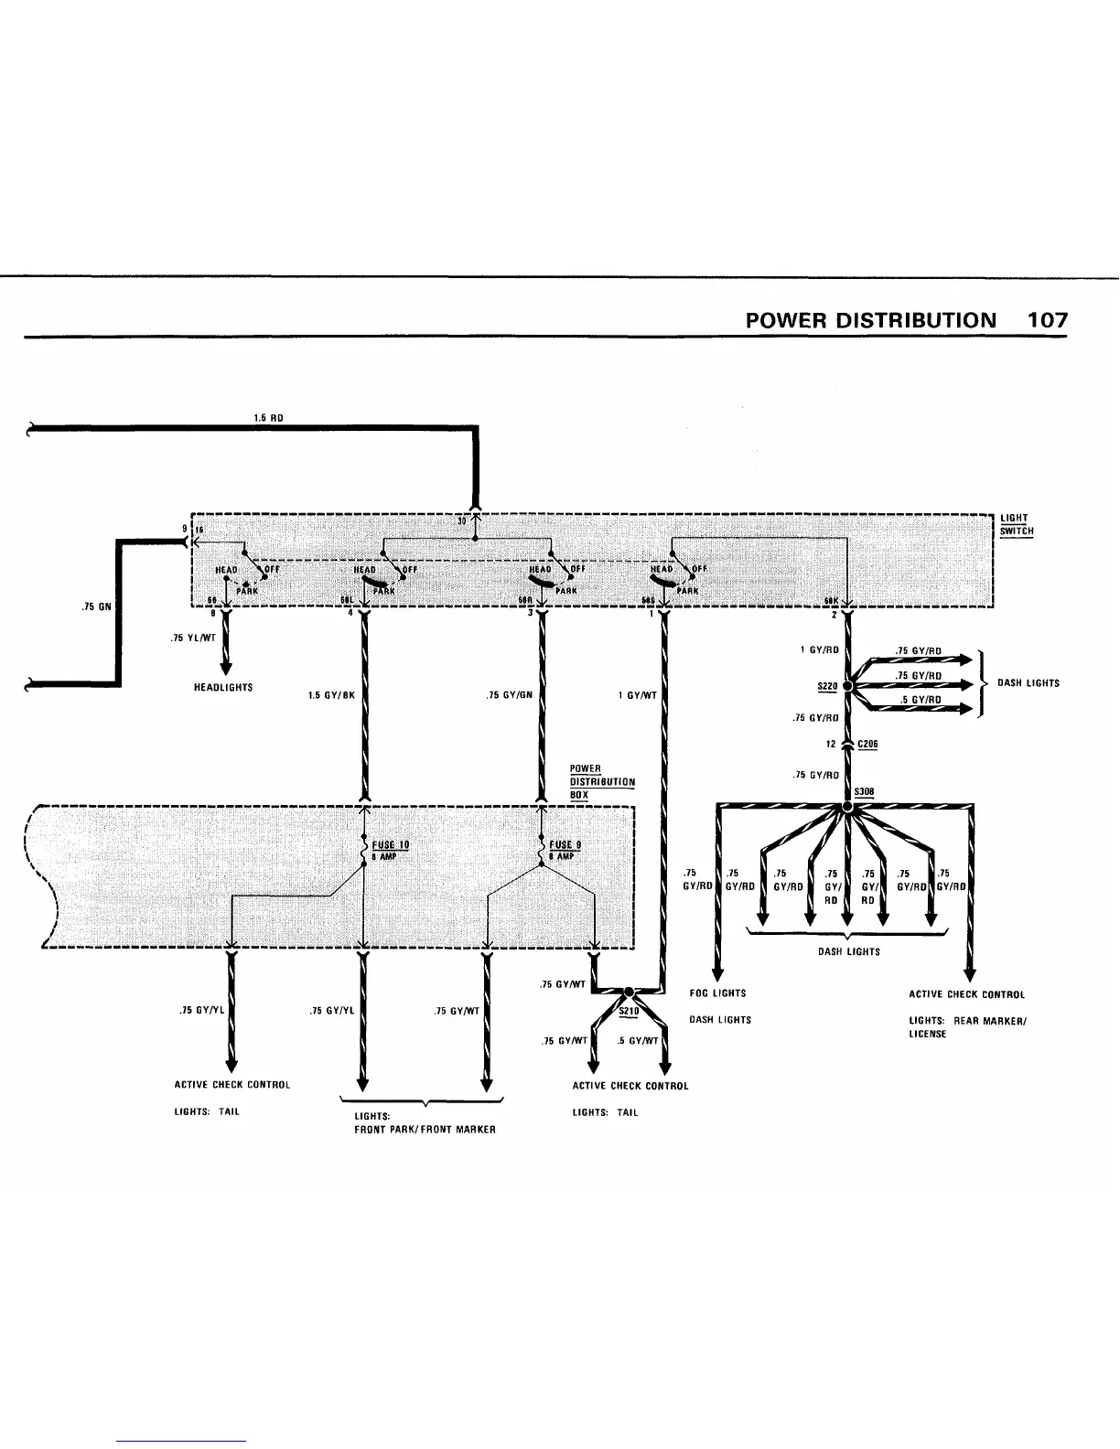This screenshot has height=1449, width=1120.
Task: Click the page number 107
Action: pyautogui.click(x=1047, y=320)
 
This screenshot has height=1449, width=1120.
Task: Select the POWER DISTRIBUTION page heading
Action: pyautogui.click(x=870, y=320)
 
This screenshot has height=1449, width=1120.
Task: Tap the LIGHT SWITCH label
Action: pyautogui.click(x=1017, y=524)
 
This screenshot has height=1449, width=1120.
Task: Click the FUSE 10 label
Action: pyautogui.click(x=391, y=845)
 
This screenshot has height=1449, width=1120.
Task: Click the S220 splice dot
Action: pyautogui.click(x=847, y=685)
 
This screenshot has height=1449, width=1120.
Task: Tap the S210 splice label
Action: pyautogui.click(x=628, y=1011)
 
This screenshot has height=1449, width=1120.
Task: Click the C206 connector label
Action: pyautogui.click(x=868, y=745)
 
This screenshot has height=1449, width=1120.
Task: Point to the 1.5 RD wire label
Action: pyautogui.click(x=268, y=418)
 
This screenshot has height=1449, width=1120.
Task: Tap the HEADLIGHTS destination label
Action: pyautogui.click(x=223, y=687)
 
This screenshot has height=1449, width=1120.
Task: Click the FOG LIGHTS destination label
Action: pyautogui.click(x=717, y=993)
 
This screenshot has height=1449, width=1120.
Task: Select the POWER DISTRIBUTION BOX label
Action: pyautogui.click(x=601, y=782)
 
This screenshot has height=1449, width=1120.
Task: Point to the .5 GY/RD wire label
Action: pyautogui.click(x=920, y=700)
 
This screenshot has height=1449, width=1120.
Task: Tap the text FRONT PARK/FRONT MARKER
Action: pyautogui.click(x=425, y=1130)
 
